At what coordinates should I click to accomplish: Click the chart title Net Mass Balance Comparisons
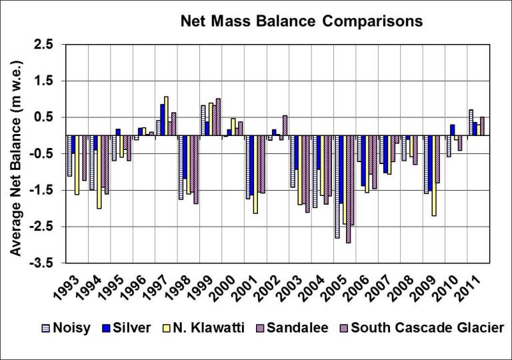[302, 21]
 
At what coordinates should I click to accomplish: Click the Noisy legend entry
[68, 327]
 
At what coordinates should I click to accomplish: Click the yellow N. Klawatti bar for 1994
[99, 172]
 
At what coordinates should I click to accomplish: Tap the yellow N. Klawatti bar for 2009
[434, 175]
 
